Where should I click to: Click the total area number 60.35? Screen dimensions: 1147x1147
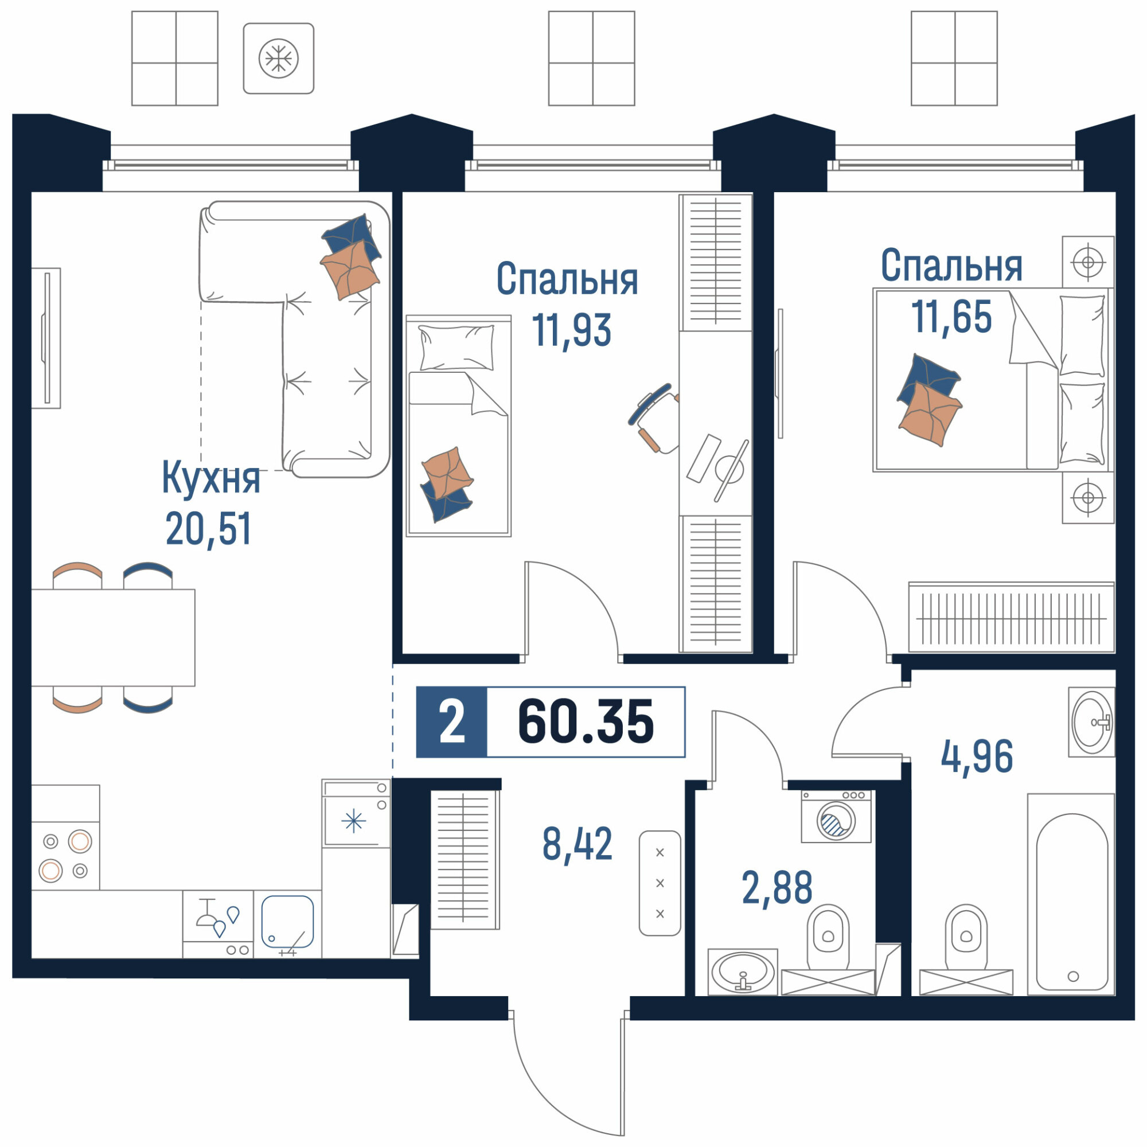(586, 722)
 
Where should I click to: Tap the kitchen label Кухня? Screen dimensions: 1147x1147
(210, 478)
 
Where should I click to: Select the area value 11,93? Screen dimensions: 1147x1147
(571, 330)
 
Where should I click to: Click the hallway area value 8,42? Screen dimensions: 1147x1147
(577, 844)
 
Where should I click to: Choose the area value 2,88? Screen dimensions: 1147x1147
(777, 889)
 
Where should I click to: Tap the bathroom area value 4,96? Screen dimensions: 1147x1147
(977, 758)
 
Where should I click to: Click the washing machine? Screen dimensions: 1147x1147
(836, 816)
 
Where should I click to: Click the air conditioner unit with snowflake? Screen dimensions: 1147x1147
(279, 58)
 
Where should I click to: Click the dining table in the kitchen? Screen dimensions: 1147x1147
(113, 638)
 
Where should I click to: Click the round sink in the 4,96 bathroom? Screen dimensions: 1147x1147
(1093, 723)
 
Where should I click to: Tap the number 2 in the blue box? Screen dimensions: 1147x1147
(452, 723)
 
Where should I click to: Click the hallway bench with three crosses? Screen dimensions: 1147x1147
(660, 883)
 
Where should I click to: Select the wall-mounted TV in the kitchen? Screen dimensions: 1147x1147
(46, 338)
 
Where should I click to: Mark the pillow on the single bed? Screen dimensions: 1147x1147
(456, 348)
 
